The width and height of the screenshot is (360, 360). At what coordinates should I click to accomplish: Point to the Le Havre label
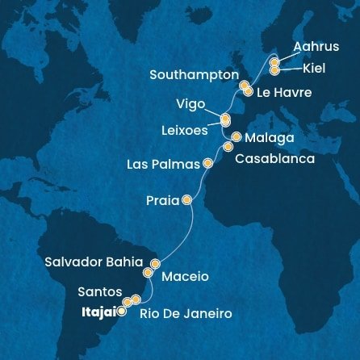pos(283,93)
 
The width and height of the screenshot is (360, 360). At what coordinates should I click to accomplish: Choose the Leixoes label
pos(185,130)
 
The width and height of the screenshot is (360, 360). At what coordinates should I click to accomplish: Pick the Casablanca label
pos(274,159)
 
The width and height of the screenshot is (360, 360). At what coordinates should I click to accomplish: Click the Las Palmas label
pos(163,165)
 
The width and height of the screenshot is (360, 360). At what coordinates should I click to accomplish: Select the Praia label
pos(162,200)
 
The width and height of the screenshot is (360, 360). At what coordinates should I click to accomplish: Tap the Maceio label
pos(185,276)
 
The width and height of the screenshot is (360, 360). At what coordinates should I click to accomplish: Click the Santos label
pos(99,291)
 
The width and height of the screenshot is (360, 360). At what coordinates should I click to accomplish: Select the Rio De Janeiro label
pos(186,312)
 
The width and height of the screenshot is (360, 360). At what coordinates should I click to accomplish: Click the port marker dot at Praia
pos(187,199)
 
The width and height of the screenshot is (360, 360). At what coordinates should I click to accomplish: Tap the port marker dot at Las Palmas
pos(208,163)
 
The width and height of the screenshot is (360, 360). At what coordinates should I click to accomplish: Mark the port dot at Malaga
pos(236,136)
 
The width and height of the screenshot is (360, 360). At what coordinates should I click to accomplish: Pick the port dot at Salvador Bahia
pos(156,263)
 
